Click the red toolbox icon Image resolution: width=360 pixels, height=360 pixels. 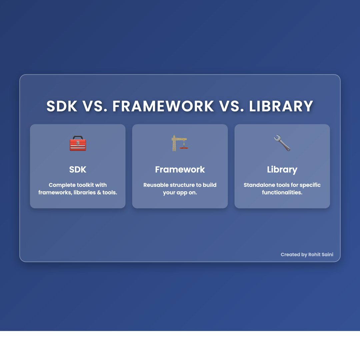(x=78, y=144)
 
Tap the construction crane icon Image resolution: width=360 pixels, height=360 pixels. (x=179, y=143)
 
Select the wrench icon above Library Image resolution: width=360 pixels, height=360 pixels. (x=282, y=143)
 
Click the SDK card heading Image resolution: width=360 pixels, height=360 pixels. (x=78, y=169)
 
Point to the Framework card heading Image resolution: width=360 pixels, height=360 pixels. (x=180, y=169)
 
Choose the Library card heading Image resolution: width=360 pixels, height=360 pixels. (x=282, y=169)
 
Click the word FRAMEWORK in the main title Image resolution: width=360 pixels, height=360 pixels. (x=163, y=106)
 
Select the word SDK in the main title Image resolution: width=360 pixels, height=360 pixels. (x=62, y=106)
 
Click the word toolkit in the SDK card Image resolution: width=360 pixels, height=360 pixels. (x=86, y=185)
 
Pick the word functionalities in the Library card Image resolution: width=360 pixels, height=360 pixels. (x=282, y=193)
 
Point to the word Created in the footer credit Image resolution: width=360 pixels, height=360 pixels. (x=290, y=255)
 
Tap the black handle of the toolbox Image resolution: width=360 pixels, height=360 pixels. (x=78, y=137)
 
